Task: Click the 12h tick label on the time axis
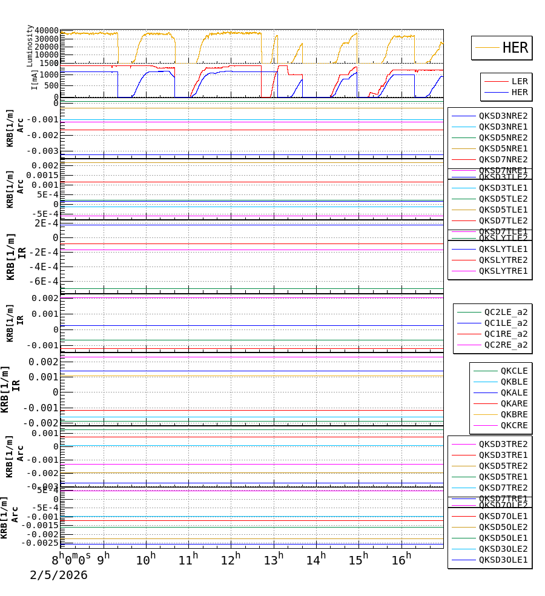(230, 560)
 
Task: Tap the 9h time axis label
(103, 560)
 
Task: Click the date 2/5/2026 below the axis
(59, 575)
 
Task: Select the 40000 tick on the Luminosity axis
(47, 31)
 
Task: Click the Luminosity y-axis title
(30, 45)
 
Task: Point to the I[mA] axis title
(35, 80)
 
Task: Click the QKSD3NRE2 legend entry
(503, 116)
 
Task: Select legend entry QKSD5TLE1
(503, 210)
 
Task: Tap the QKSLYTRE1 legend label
(503, 271)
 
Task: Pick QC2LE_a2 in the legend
(506, 312)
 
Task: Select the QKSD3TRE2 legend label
(503, 444)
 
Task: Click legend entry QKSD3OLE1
(503, 560)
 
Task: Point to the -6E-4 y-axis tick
(45, 281)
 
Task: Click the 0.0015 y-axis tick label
(42, 175)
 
